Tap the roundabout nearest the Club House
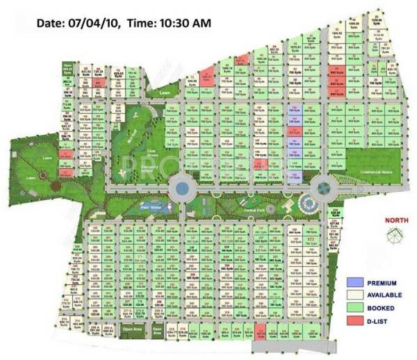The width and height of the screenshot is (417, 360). pyautogui.click(x=181, y=187)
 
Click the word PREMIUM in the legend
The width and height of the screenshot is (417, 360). pyautogui.click(x=383, y=283)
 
